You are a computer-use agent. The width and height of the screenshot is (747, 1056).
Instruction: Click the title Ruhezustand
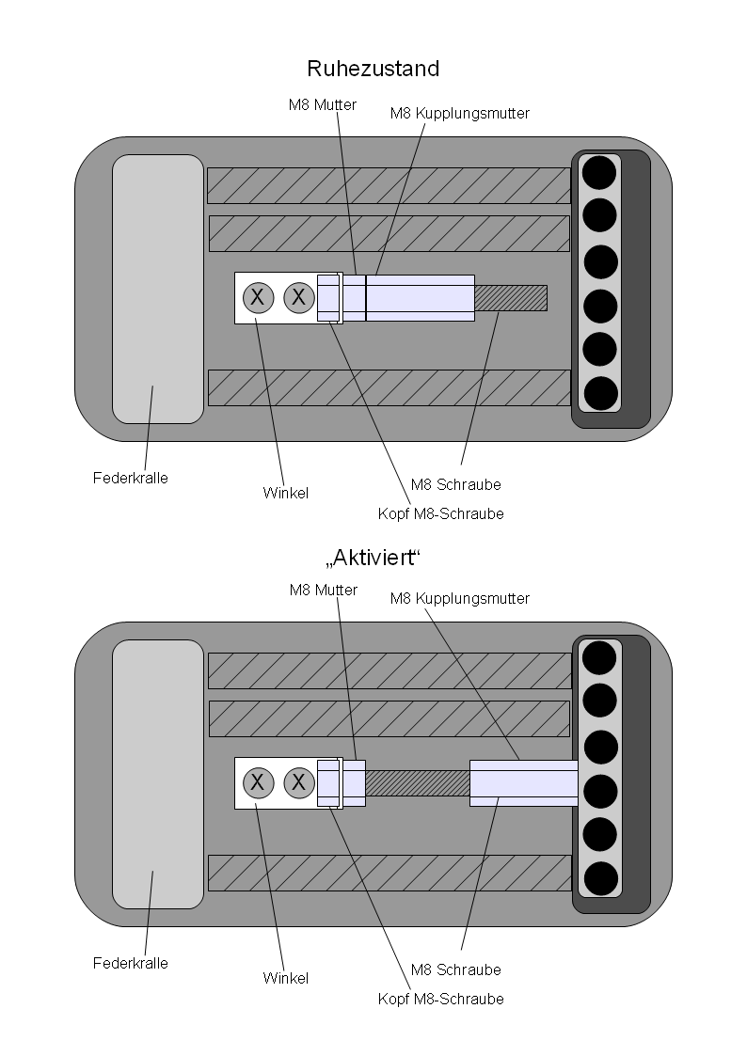(x=373, y=69)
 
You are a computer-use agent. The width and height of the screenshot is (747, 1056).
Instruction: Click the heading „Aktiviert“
(x=373, y=558)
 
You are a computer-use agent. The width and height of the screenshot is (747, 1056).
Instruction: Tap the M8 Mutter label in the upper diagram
(x=323, y=105)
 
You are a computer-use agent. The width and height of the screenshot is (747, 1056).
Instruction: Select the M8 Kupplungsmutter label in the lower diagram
(x=460, y=598)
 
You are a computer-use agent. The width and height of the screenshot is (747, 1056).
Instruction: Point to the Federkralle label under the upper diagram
(x=131, y=478)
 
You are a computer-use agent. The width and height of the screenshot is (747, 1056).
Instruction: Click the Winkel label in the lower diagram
(x=286, y=978)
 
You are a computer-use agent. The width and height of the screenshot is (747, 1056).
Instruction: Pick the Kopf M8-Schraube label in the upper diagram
(x=440, y=513)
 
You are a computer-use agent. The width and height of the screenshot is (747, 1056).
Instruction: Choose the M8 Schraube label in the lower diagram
(x=456, y=969)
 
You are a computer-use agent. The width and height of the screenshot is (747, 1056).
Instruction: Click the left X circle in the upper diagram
(x=258, y=298)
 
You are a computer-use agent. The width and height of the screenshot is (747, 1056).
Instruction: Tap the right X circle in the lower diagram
(x=298, y=782)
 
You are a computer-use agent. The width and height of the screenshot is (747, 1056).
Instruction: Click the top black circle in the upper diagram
(x=599, y=172)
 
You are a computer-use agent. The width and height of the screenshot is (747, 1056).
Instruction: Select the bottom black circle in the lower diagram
(x=599, y=879)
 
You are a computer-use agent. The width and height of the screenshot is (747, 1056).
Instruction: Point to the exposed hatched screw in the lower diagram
(x=417, y=782)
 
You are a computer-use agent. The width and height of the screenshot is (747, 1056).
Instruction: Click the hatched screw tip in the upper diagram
(x=510, y=298)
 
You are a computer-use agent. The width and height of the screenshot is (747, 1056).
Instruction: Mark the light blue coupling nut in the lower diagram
(x=523, y=782)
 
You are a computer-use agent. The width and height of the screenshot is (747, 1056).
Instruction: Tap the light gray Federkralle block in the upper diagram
(x=158, y=289)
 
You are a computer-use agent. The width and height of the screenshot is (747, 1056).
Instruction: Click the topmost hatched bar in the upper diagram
(x=389, y=185)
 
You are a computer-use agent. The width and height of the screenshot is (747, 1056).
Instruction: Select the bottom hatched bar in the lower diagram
(x=389, y=873)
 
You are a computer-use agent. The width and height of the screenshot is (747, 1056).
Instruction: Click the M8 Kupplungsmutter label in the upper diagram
(x=460, y=113)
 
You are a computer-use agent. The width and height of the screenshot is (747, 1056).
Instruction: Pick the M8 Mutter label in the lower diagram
(x=323, y=590)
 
